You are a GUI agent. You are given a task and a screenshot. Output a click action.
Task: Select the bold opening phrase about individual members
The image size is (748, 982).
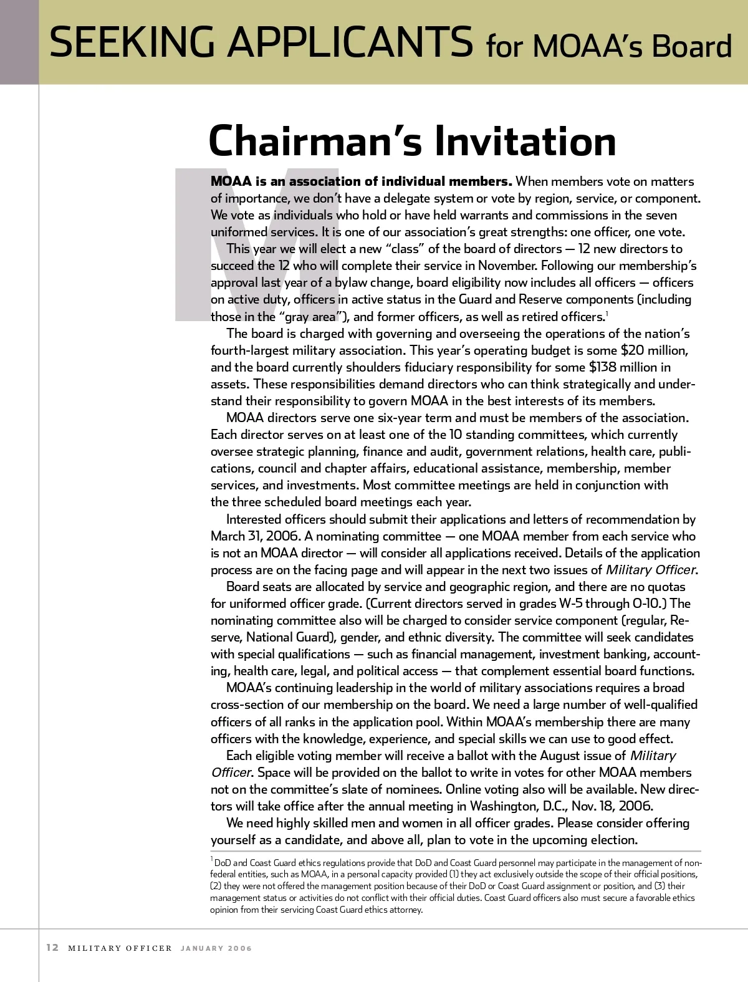pos(362,181)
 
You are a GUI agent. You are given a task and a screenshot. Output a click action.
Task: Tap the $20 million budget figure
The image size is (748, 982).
pos(654,350)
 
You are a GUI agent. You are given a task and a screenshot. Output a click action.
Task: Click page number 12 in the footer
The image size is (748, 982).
pos(52,948)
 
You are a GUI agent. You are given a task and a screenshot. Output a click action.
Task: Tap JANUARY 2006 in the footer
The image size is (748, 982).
pos(216,948)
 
